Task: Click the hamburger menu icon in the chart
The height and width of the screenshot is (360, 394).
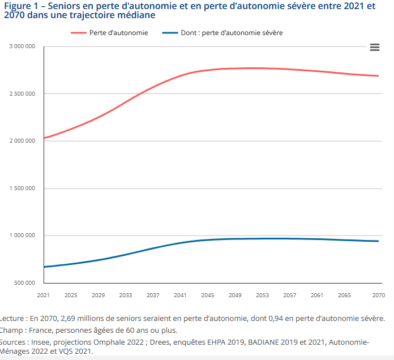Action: [x=374, y=48]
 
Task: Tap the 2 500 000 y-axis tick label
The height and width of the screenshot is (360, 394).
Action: [x=23, y=93]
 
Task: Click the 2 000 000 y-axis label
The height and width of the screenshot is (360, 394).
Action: [x=23, y=141]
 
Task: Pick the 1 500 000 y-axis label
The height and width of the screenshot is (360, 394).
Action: [x=23, y=188]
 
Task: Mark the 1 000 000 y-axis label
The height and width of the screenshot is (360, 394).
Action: [x=23, y=235]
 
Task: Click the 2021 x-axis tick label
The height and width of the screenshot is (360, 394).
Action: [x=44, y=295]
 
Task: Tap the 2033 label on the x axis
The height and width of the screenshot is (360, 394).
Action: [x=126, y=295]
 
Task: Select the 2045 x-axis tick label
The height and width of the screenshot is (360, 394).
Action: [x=207, y=295]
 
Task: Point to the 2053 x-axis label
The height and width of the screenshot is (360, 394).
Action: [x=262, y=295]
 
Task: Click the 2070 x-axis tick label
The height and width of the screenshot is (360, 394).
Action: [x=378, y=295]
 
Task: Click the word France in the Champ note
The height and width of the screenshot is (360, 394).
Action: [x=42, y=331]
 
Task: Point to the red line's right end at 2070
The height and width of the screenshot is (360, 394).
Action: [x=378, y=76]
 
